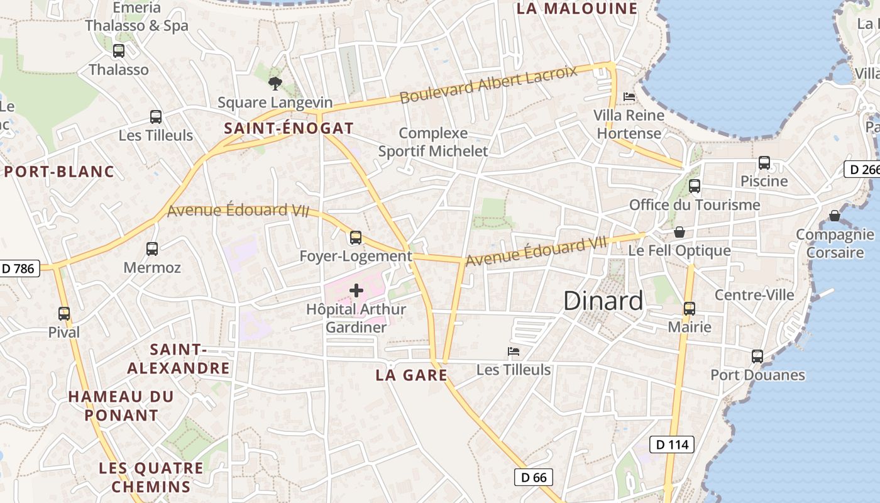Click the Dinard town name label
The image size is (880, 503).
[603, 301]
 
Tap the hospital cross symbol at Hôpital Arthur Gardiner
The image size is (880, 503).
[356, 290]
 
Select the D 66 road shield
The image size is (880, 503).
[534, 477]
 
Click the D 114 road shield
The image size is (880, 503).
[671, 445]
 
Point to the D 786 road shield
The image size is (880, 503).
[19, 268]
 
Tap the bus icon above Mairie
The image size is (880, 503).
[690, 309]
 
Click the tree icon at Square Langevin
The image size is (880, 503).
[275, 83]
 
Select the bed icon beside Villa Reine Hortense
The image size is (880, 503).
[629, 97]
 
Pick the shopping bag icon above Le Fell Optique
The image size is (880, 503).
[679, 232]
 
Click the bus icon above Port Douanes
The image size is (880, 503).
[757, 357]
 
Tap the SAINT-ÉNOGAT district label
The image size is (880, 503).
[289, 128]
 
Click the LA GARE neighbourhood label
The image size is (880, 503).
[411, 375]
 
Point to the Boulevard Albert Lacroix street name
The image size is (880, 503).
[488, 84]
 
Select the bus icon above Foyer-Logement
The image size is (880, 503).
[356, 238]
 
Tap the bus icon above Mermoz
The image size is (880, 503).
[152, 248]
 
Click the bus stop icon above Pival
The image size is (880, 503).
[64, 313]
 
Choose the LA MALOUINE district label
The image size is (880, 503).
[576, 9]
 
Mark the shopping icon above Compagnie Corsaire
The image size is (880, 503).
[835, 216]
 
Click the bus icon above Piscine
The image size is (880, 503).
[764, 163]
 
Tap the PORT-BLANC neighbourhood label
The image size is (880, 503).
[60, 172]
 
